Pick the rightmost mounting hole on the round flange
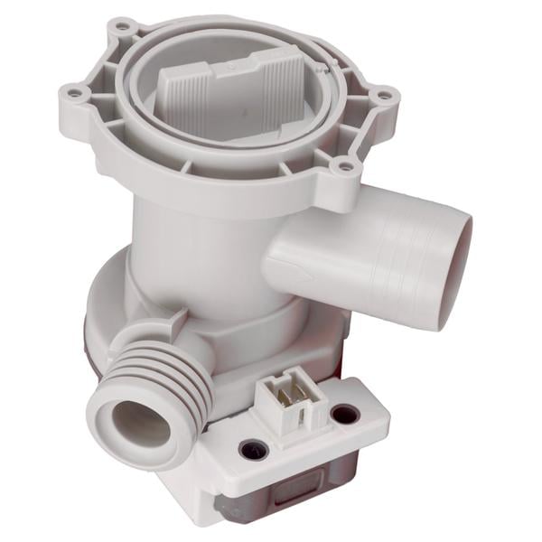[x=383, y=94]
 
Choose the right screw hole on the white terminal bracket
[x=344, y=415]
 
